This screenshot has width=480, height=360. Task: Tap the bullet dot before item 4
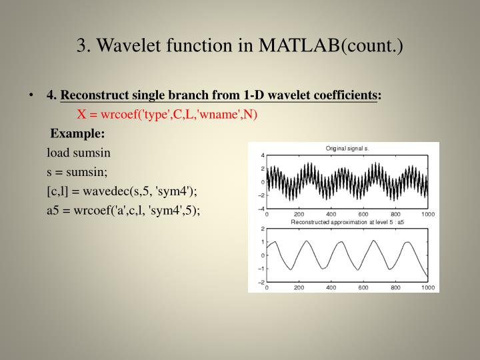tap(32, 95)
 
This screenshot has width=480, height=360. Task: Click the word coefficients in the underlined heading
tap(341, 95)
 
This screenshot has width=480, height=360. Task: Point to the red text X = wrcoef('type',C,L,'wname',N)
tap(167, 113)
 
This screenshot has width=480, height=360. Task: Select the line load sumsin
tap(78, 152)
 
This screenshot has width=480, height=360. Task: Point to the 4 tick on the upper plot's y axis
tap(262, 155)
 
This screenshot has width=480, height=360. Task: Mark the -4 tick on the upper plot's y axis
tap(261, 209)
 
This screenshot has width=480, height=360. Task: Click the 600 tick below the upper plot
tap(363, 215)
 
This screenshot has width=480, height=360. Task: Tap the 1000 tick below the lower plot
tap(427, 288)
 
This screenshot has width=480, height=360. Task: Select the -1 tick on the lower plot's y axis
tap(261, 269)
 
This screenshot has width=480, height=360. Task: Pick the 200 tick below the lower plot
tap(299, 288)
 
